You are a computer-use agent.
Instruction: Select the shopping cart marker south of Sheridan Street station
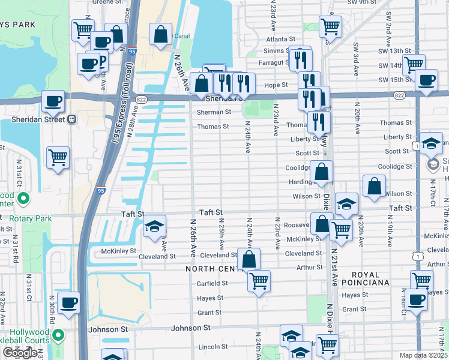(58, 158)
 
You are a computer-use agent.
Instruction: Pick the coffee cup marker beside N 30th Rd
(68, 304)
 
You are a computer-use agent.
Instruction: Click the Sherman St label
(214, 112)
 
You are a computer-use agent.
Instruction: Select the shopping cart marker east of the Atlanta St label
(330, 26)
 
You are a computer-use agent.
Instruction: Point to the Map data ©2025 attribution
(424, 356)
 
